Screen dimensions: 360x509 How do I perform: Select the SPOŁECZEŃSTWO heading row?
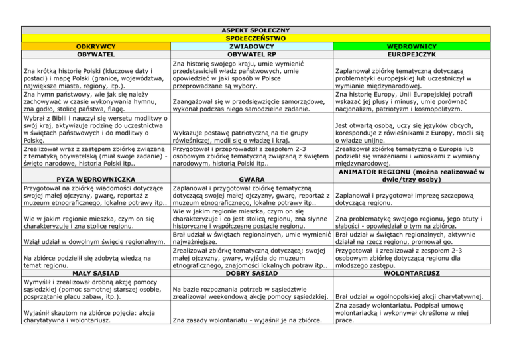[254, 38]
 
